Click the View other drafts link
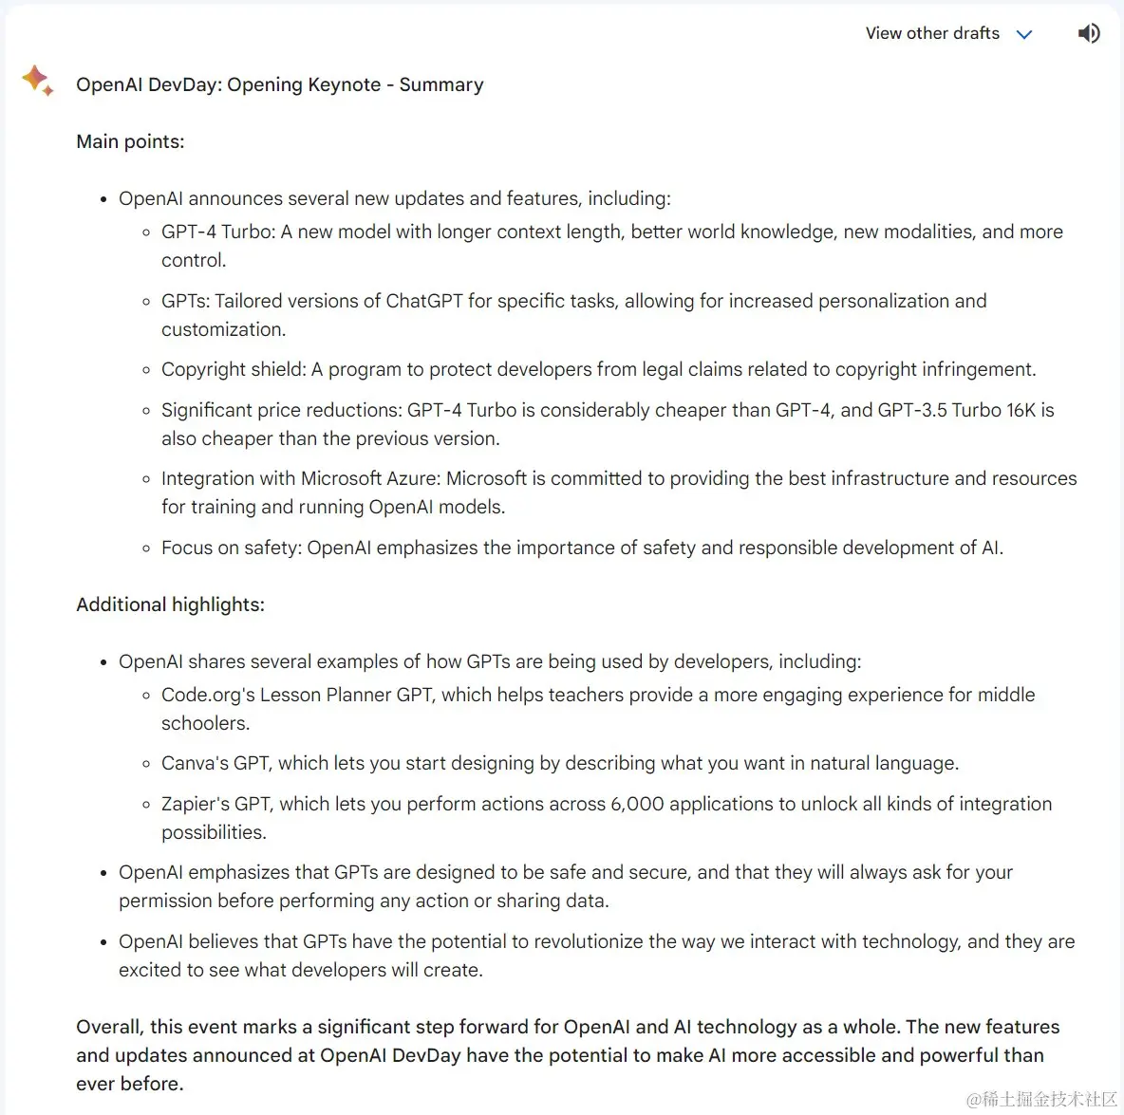pos(931,33)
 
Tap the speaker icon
pos(1089,33)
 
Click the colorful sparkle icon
pos(37,80)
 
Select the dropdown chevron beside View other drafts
pos(1024,34)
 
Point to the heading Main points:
pos(130,141)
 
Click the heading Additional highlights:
pos(170,604)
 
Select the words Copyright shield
pos(234,369)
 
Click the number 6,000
pos(637,804)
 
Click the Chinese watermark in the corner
pos(1041,1099)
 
